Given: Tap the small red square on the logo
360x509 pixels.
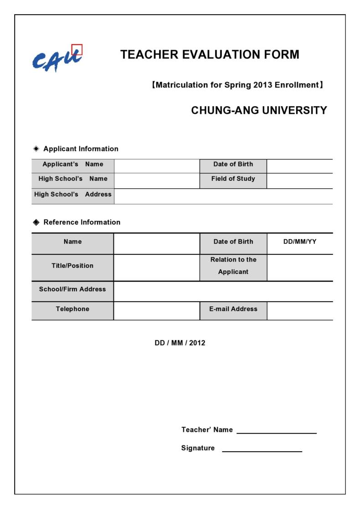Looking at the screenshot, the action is pos(77,49).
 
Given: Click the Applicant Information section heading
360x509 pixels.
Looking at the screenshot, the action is pos(81,149).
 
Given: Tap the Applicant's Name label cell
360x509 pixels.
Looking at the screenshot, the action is pos(73,164).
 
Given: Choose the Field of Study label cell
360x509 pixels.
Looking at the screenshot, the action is pos(233,179).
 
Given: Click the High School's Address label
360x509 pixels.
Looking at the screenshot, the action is pos(73,194).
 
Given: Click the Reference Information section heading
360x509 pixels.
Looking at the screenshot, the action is pos(82,222).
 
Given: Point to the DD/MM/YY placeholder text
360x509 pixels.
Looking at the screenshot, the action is pos(299,242).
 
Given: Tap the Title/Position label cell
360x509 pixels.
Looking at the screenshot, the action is pos(73,266).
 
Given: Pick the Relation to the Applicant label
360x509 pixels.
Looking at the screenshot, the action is pos(233,266).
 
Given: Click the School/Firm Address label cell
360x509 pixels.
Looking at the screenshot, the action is pos(73,289).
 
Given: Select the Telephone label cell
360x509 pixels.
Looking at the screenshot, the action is pos(73,309).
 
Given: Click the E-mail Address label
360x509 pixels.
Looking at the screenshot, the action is pos(233,309).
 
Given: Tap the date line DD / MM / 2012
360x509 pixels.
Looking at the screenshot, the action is pos(180,343).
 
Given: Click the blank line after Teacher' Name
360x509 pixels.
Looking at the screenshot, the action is pos(276,432).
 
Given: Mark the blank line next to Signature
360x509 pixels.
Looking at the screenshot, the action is pos(262,450).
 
